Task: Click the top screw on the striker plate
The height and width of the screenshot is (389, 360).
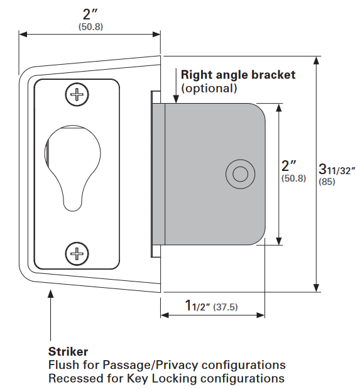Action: (77, 96)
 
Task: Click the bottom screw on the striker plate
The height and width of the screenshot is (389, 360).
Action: (77, 254)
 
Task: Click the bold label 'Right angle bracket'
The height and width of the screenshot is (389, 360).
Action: (238, 75)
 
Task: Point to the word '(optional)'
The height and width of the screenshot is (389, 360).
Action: (209, 89)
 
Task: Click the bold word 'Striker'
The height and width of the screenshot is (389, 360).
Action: (68, 351)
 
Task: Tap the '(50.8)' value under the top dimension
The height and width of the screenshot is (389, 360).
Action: (91, 28)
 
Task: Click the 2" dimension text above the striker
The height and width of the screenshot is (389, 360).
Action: (90, 14)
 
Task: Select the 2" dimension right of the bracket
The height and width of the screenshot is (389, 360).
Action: (288, 166)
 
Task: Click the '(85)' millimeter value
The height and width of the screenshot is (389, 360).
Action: (327, 182)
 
